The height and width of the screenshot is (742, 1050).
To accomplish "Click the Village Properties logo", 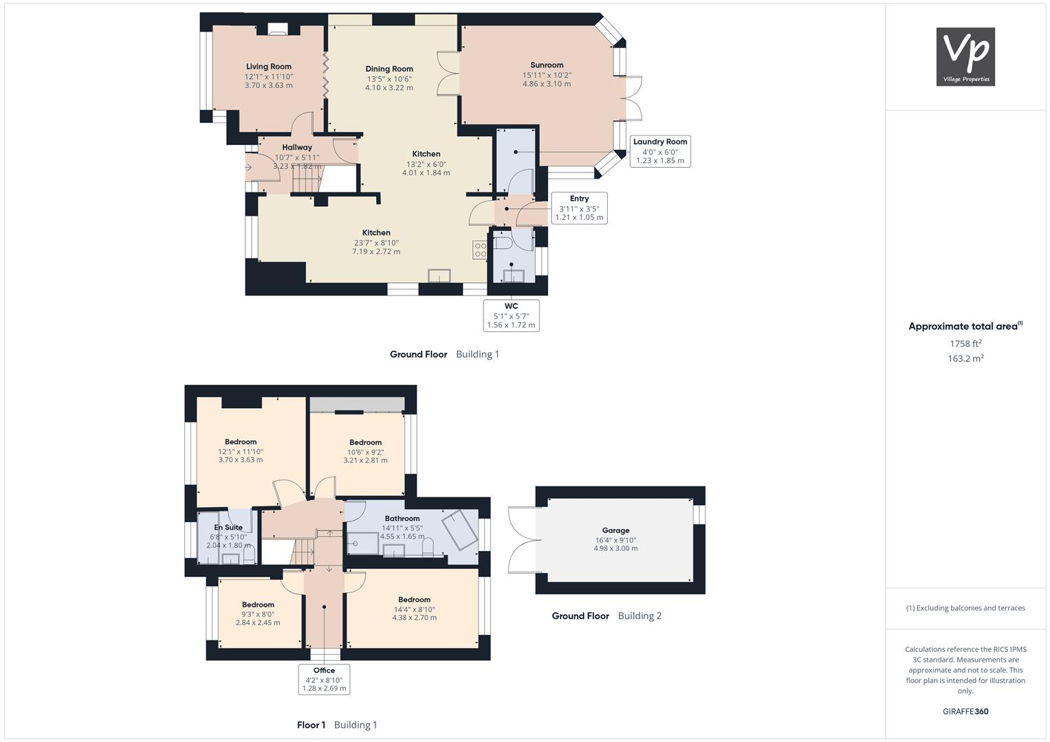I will pyautogui.click(x=965, y=56).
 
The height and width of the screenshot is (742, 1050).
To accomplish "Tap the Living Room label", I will pyautogui.click(x=269, y=67).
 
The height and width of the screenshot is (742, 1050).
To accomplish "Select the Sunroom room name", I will pyautogui.click(x=547, y=65).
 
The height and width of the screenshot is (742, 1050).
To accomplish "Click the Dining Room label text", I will pyautogui.click(x=389, y=69).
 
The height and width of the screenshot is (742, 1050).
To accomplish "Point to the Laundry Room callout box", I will pyautogui.click(x=660, y=151).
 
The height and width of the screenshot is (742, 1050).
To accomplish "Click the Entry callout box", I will pyautogui.click(x=579, y=207).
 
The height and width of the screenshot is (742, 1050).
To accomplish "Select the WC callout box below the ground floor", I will pyautogui.click(x=511, y=315).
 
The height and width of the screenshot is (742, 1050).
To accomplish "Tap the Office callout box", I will pyautogui.click(x=324, y=679).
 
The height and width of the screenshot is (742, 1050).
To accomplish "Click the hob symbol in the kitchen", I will pyautogui.click(x=480, y=250).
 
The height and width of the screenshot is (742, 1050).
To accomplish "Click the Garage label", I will pyautogui.click(x=615, y=530).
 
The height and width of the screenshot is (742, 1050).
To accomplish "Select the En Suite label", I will pyautogui.click(x=228, y=528).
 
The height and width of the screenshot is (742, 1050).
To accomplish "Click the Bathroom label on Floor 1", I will pyautogui.click(x=402, y=519).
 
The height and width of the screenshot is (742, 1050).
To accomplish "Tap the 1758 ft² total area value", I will pyautogui.click(x=965, y=344).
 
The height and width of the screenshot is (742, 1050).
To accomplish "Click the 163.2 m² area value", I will pyautogui.click(x=965, y=359).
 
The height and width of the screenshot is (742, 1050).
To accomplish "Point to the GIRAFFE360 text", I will pyautogui.click(x=965, y=711).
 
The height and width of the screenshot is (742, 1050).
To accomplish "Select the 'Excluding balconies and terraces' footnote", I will pyautogui.click(x=965, y=608).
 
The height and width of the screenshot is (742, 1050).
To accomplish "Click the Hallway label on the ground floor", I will pyautogui.click(x=297, y=147).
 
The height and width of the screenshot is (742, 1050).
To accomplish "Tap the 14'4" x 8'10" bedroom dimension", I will pyautogui.click(x=414, y=609).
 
